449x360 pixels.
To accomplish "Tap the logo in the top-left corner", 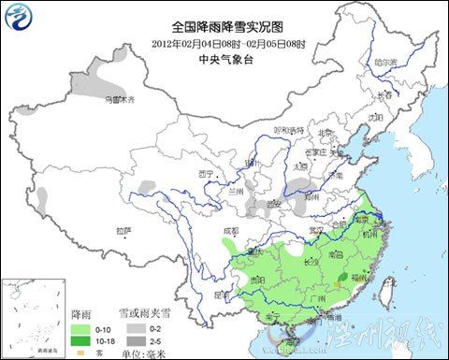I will pyautogui.click(x=21, y=18).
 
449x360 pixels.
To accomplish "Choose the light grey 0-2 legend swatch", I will pyautogui.click(x=136, y=329).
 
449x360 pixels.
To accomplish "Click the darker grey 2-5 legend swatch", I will pyautogui.click(x=136, y=341).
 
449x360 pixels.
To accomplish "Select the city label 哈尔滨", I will pyautogui.click(x=385, y=63).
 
